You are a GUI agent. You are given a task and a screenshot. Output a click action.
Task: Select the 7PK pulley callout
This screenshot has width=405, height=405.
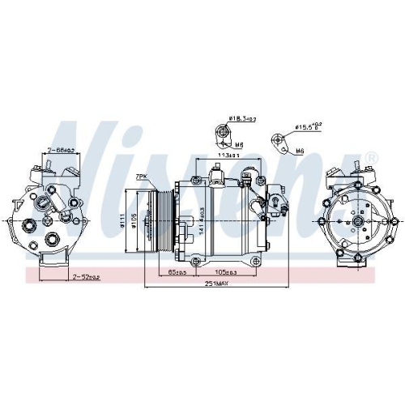coord(142,176)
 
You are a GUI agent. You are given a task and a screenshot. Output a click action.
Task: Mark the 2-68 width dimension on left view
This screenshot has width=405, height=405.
coord(61,150)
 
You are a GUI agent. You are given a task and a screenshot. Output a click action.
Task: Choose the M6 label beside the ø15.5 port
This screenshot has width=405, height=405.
coord(300,151)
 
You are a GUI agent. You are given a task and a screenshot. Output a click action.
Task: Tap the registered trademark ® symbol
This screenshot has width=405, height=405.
coord(372,156)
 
